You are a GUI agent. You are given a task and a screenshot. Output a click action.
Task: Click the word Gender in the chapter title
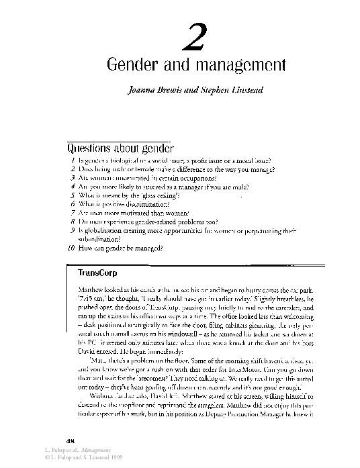pyautogui.click(x=132, y=66)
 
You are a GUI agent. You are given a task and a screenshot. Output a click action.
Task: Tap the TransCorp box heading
pyautogui.click(x=98, y=275)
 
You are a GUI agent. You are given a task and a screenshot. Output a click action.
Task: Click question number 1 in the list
pyautogui.click(x=73, y=161)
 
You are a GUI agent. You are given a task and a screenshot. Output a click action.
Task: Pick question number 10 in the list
pyautogui.click(x=71, y=248)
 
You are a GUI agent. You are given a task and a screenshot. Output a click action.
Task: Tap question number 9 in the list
pyautogui.click(x=73, y=230)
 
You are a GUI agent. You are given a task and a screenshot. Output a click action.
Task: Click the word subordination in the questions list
pyautogui.click(x=101, y=239)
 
